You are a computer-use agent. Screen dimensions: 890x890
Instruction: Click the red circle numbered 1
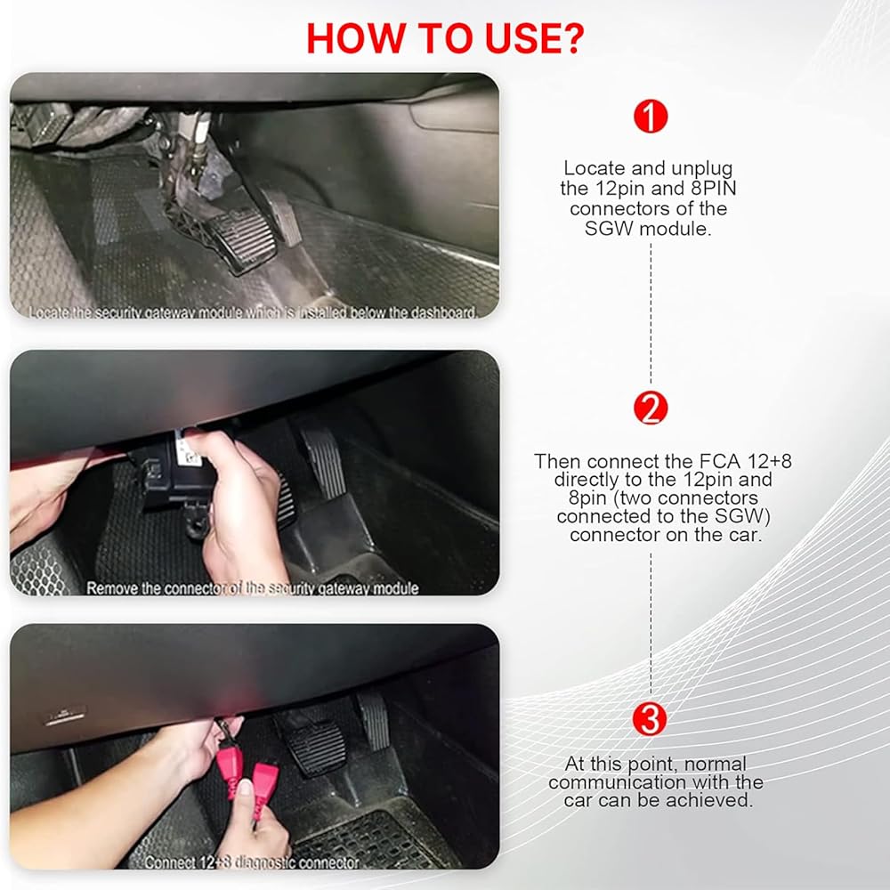651,117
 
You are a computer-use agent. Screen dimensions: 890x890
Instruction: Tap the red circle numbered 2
651,408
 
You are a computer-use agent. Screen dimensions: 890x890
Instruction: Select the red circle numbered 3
650,718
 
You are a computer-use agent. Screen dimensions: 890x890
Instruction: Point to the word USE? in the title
534,38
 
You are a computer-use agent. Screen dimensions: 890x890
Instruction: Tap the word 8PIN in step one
714,188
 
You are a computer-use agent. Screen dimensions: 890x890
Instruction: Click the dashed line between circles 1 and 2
651,314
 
